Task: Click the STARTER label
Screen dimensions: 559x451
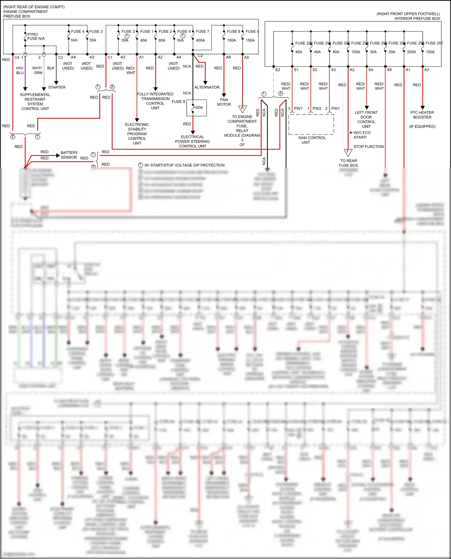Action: pyautogui.click(x=57, y=87)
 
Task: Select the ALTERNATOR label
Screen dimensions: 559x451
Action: pyautogui.click(x=207, y=87)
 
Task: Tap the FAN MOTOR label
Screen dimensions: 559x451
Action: pyautogui.click(x=224, y=102)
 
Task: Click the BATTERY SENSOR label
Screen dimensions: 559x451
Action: pyautogui.click(x=69, y=155)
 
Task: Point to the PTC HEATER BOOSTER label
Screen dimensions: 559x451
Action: pyautogui.click(x=422, y=115)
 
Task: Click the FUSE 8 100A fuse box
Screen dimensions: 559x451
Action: pyautogui.click(x=197, y=108)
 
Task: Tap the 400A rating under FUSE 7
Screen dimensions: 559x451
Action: pyautogui.click(x=200, y=40)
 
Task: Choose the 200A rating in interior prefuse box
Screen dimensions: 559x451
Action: pyautogui.click(x=411, y=52)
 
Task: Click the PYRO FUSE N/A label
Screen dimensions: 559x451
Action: pyautogui.click(x=36, y=37)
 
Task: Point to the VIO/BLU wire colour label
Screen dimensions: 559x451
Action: pyautogui.click(x=20, y=71)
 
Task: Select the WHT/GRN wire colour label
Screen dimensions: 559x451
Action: pyautogui.click(x=38, y=71)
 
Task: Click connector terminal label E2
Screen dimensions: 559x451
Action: pyautogui.click(x=278, y=70)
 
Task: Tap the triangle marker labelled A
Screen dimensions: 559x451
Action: pyautogui.click(x=242, y=108)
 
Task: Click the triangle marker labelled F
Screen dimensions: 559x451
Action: pyautogui.click(x=348, y=152)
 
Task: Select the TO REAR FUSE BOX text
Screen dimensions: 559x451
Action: pyautogui.click(x=348, y=163)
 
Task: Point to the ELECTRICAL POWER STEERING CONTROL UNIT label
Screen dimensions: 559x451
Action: pyautogui.click(x=192, y=141)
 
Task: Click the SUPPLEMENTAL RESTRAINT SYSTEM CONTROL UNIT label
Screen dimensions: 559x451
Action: pyautogui.click(x=35, y=102)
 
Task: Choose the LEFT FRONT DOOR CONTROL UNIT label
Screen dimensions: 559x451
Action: pyautogui.click(x=366, y=120)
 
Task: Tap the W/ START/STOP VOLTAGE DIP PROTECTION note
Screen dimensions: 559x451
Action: pyautogui.click(x=184, y=165)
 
